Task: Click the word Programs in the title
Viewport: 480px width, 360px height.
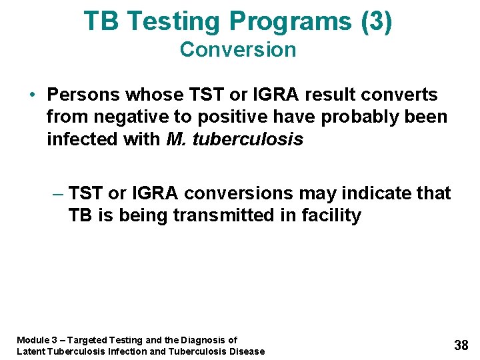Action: point(291,21)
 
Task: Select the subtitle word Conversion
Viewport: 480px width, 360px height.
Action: point(238,50)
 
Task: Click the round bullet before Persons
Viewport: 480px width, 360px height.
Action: point(33,95)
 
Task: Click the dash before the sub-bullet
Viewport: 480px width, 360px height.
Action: point(57,194)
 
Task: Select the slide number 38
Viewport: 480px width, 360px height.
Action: point(461,345)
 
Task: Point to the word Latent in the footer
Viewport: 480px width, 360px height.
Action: point(31,351)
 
